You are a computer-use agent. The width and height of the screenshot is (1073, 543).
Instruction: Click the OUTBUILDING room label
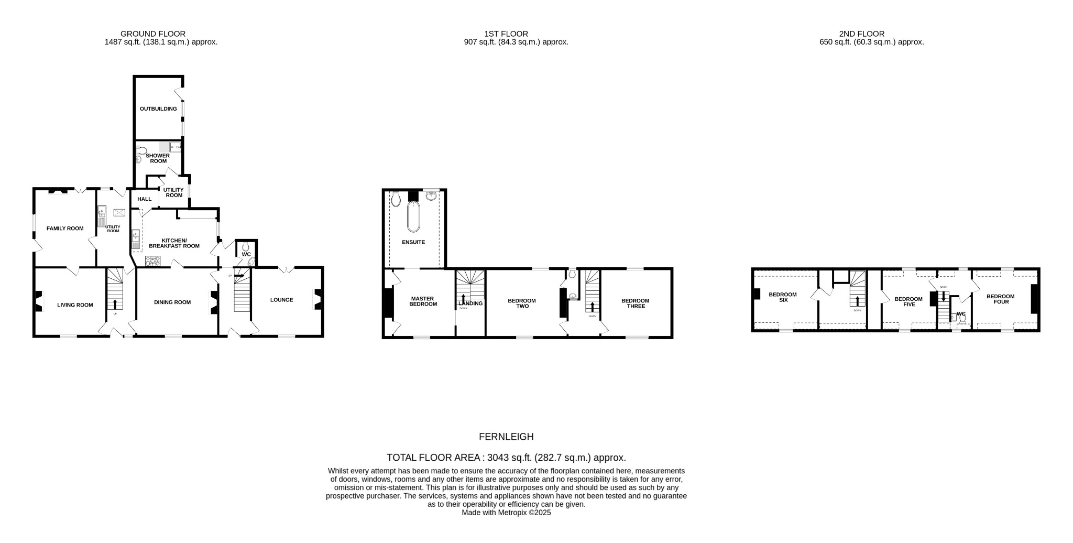(x=154, y=109)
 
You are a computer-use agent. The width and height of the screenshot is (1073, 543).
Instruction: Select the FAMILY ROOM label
(x=65, y=229)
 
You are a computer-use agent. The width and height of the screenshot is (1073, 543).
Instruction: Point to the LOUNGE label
(x=281, y=300)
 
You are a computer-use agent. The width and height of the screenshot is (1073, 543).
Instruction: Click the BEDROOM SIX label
(x=783, y=297)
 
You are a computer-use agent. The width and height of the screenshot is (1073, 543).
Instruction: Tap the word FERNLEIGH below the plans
(x=506, y=437)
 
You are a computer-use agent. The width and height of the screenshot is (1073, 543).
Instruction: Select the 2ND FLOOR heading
(x=871, y=34)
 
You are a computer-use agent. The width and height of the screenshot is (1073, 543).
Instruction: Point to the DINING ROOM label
(x=172, y=302)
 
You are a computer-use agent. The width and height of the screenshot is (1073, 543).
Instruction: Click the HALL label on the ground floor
(x=144, y=199)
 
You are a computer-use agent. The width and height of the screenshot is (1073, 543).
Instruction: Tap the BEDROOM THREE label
(x=635, y=303)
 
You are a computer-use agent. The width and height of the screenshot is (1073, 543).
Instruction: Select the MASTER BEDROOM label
(x=423, y=302)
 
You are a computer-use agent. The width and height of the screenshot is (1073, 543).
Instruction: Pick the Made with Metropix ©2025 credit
(x=506, y=513)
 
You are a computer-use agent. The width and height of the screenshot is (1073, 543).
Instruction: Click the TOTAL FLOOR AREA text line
(x=506, y=458)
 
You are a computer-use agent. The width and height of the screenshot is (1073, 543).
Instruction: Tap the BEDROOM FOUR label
(x=1000, y=299)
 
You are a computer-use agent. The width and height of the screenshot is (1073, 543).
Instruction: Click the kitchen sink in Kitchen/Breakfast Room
(x=136, y=240)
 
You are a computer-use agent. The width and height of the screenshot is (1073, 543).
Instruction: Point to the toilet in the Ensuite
(x=396, y=198)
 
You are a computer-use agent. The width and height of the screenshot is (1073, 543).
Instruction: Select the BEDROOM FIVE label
(x=908, y=302)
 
